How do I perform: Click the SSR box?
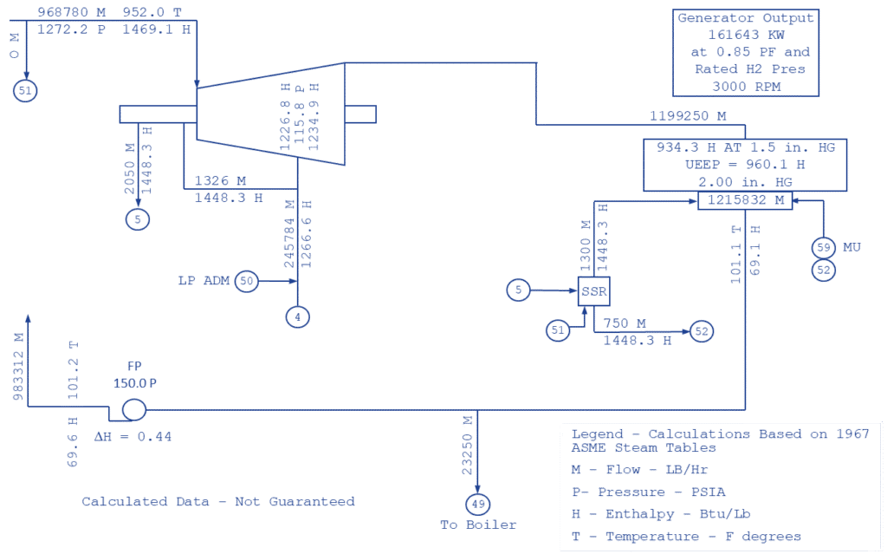click(594, 292)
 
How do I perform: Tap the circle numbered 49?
click(477, 503)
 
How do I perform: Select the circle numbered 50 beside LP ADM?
click(247, 280)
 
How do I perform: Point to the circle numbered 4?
click(297, 317)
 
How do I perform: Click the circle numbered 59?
click(823, 248)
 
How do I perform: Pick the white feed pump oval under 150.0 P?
click(134, 410)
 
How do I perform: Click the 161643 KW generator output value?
click(745, 36)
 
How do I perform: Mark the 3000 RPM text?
click(745, 86)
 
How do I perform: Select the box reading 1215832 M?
click(746, 200)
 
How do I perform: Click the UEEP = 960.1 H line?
click(745, 165)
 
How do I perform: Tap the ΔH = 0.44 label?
click(132, 437)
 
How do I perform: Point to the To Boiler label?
click(478, 525)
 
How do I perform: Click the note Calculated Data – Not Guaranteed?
click(218, 501)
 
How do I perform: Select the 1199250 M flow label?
click(688, 115)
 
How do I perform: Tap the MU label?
click(852, 248)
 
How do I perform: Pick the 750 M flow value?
click(625, 323)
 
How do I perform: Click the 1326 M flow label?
click(221, 181)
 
